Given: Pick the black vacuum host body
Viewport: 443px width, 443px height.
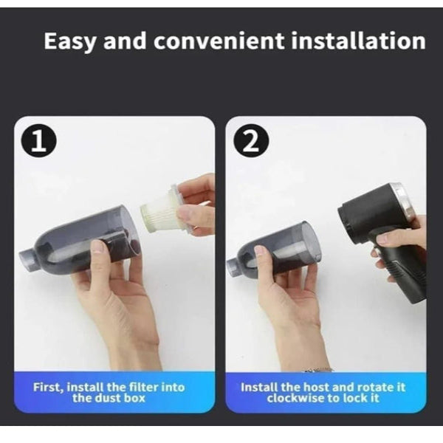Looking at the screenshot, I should [373, 214].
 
